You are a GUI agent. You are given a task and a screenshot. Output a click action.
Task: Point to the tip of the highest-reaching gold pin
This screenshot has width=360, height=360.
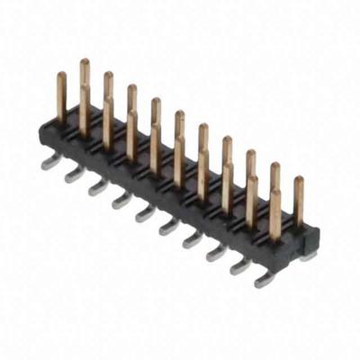(x=84, y=62)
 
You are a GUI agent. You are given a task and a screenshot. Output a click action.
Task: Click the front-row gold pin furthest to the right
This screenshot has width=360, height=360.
(x=275, y=211)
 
